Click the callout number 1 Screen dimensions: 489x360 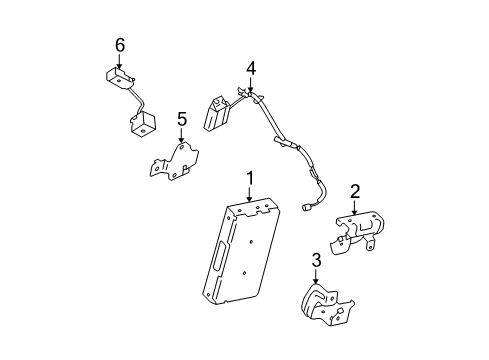[250, 178]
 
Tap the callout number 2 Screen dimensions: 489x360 [355, 192]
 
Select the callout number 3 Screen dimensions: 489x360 [316, 260]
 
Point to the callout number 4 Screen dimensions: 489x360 [251, 68]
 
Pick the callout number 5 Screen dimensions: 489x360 [182, 119]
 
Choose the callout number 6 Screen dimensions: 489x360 [120, 45]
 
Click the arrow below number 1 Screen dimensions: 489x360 [250, 194]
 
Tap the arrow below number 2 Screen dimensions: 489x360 [354, 207]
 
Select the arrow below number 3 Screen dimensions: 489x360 [316, 276]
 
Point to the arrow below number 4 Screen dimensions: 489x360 [251, 84]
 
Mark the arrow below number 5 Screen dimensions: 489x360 [181, 136]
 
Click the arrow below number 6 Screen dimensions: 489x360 [119, 61]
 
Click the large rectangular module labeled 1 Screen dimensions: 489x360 [241, 251]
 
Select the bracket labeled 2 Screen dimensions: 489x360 [358, 232]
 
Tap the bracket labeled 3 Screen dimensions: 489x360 [327, 304]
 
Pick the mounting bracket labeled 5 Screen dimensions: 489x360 [174, 161]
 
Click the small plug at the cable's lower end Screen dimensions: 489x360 [305, 207]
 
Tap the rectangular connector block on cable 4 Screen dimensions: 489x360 [216, 113]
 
